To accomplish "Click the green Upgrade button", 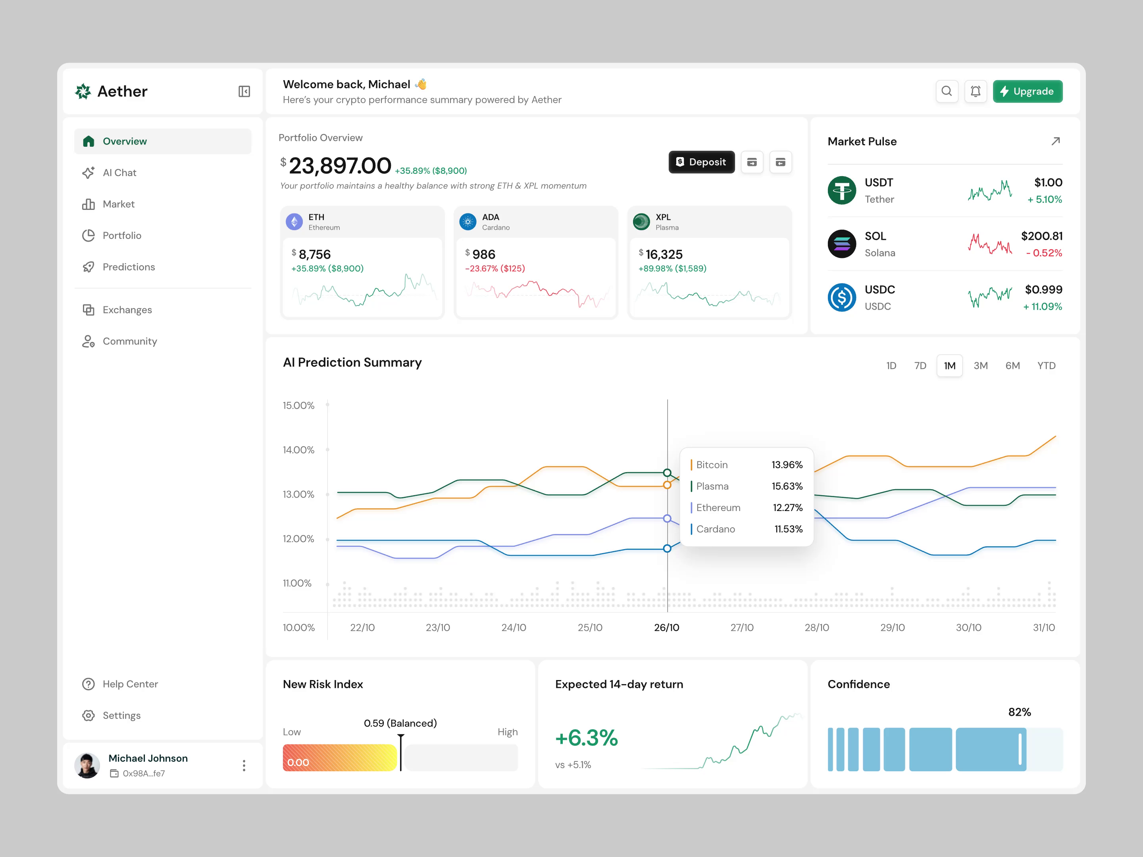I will click(1027, 91).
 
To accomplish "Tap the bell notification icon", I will click(975, 91).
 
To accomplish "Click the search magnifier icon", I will click(946, 91).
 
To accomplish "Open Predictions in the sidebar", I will click(128, 267).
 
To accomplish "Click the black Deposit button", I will click(701, 162).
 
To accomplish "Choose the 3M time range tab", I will click(980, 366).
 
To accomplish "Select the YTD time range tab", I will click(1046, 366).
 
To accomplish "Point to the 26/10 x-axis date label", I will click(666, 628).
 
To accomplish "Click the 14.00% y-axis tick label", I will click(298, 450).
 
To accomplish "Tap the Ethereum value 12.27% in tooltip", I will click(787, 508).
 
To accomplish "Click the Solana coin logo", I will click(841, 244).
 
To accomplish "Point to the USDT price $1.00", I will click(1047, 183).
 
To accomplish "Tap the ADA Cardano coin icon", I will click(468, 222).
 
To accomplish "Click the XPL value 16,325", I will click(664, 255).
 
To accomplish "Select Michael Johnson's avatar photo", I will click(87, 765).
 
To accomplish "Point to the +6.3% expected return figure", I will click(586, 738).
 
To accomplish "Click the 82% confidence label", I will click(1019, 712).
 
